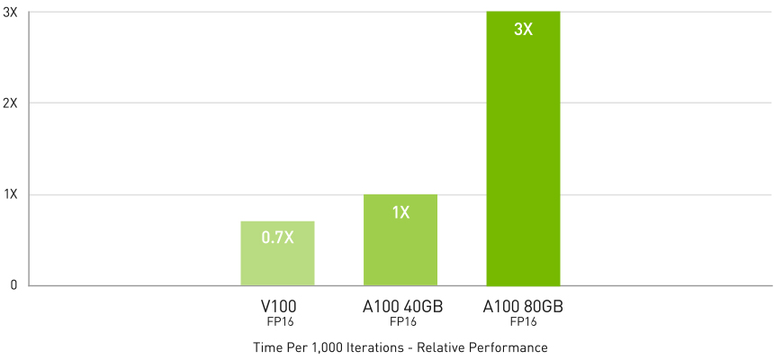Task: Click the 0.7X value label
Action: [277, 238]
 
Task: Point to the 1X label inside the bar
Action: [400, 213]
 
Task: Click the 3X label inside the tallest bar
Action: [523, 30]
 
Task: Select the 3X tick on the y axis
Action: [11, 12]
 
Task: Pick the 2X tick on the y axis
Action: [11, 103]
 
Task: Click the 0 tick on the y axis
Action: [13, 286]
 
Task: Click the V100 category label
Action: [277, 307]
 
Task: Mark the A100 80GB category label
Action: [524, 307]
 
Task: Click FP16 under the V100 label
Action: [277, 321]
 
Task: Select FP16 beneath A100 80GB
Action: [524, 321]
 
